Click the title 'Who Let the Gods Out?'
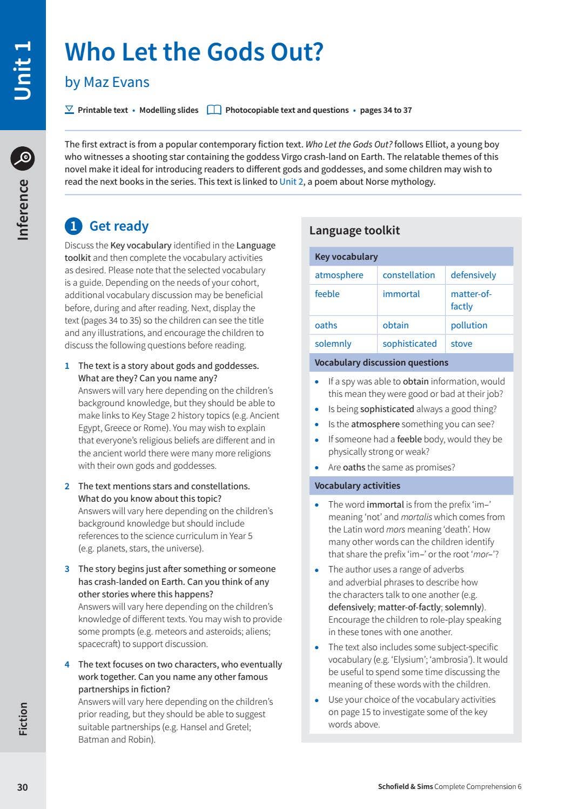click(x=194, y=52)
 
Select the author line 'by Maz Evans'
click(x=107, y=82)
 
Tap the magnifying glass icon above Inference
click(x=23, y=158)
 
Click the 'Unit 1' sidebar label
click(x=23, y=70)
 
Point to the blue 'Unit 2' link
click(x=291, y=181)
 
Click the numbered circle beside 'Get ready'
click(x=73, y=226)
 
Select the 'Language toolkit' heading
click(x=354, y=231)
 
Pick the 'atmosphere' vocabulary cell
click(x=339, y=275)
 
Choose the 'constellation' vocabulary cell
click(x=408, y=275)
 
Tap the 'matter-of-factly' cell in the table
click(x=471, y=300)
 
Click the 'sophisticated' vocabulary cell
click(x=409, y=343)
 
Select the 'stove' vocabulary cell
click(x=461, y=343)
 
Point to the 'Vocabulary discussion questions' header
click(x=381, y=362)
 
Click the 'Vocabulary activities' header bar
click(x=358, y=486)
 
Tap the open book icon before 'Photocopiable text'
click(x=214, y=110)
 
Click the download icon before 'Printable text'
click(x=69, y=110)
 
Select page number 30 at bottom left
click(x=22, y=787)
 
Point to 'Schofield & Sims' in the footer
click(x=405, y=787)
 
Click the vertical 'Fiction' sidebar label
click(x=23, y=719)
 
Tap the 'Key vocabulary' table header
click(x=346, y=257)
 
